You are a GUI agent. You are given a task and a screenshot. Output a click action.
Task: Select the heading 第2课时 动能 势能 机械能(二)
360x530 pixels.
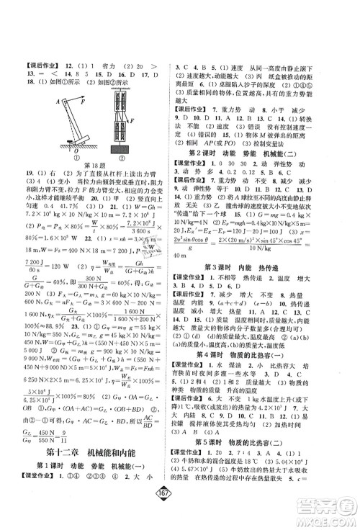tap(266, 132)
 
